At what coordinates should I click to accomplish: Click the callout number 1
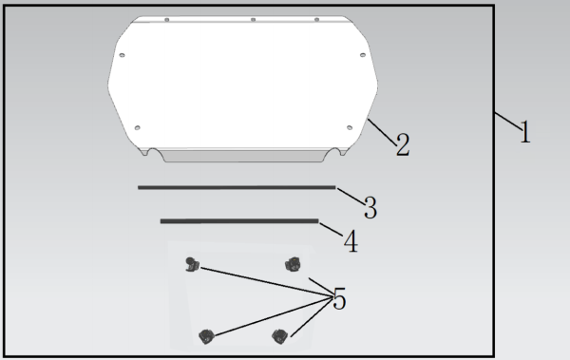(525, 132)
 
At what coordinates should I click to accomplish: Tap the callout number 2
(403, 144)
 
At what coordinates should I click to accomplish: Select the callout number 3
(370, 207)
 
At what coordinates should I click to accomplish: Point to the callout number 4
(351, 240)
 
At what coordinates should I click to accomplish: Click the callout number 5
(339, 298)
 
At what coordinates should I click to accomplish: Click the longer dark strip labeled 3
(237, 187)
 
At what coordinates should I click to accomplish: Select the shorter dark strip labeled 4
(239, 220)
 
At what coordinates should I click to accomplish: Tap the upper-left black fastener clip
(192, 264)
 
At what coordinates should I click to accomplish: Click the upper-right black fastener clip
(293, 264)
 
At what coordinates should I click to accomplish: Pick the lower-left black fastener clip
(206, 336)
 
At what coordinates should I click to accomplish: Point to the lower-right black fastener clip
(279, 336)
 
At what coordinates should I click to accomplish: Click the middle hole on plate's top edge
(253, 19)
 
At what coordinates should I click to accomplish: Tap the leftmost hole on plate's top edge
(167, 19)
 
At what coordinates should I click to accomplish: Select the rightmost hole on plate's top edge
(316, 19)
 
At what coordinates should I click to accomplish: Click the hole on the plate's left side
(123, 55)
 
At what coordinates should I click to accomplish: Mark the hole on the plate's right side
(363, 55)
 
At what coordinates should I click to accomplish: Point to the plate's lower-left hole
(137, 127)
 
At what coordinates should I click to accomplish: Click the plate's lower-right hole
(350, 127)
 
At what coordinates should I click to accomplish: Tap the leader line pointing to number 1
(508, 121)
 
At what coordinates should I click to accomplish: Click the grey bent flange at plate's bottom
(244, 156)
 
